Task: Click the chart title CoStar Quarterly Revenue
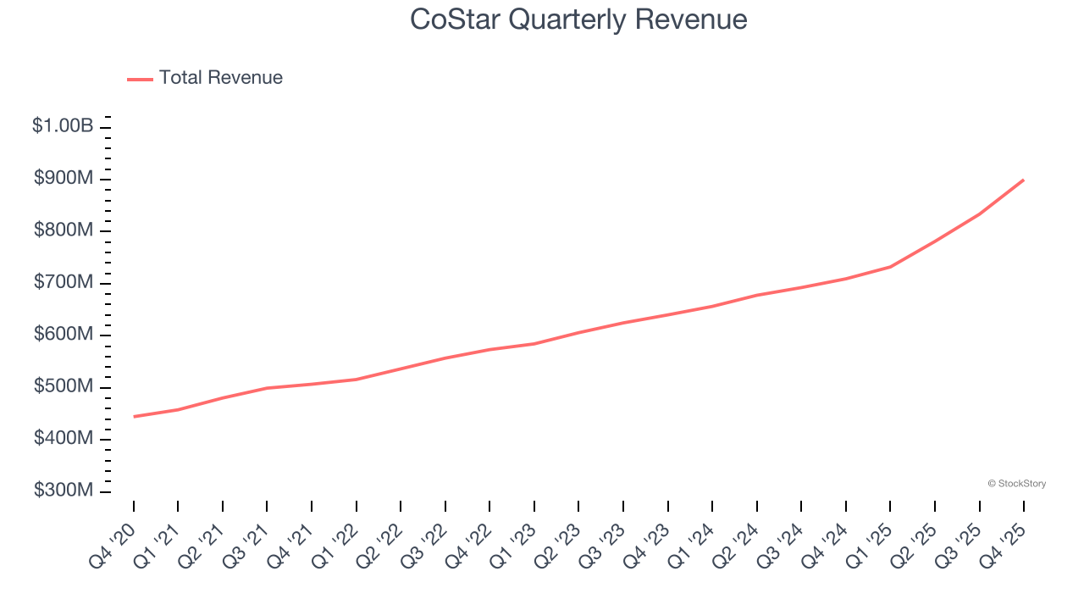pyautogui.click(x=578, y=19)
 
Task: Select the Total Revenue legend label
pyautogui.click(x=220, y=78)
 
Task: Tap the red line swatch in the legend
pyautogui.click(x=140, y=79)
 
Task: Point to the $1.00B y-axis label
pyautogui.click(x=63, y=126)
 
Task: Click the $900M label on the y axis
pyautogui.click(x=64, y=179)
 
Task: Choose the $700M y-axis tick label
pyautogui.click(x=64, y=283)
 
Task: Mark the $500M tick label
pyautogui.click(x=64, y=387)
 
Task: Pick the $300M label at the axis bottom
pyautogui.click(x=64, y=491)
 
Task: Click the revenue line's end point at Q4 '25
pyautogui.click(x=1023, y=180)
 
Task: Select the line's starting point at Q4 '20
pyautogui.click(x=134, y=417)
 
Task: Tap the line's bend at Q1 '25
pyautogui.click(x=890, y=267)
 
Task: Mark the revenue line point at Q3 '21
pyautogui.click(x=268, y=388)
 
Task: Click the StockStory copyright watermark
pyautogui.click(x=1016, y=484)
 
